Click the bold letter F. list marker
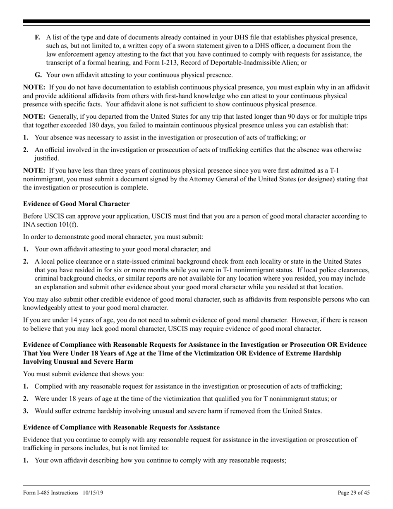37,38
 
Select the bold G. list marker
38,75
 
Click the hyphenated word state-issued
141,262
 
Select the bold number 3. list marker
26,411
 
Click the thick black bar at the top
196,22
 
